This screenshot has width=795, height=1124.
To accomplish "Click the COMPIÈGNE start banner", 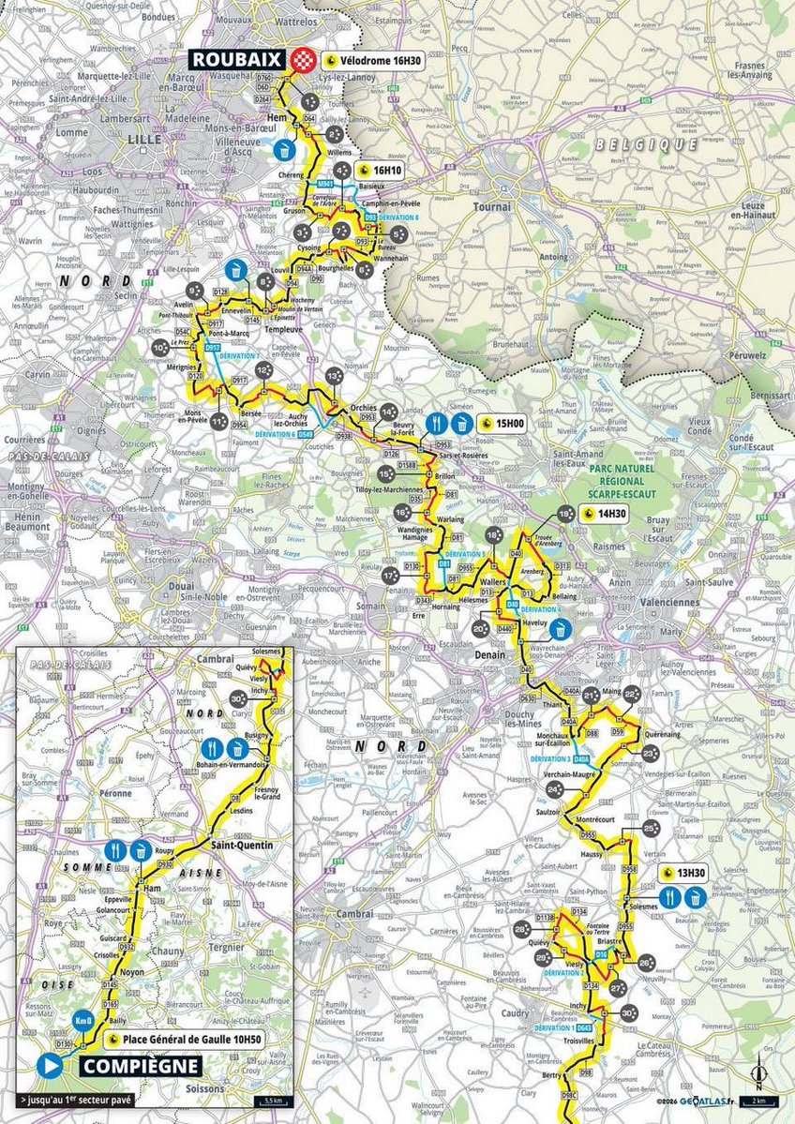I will click(x=139, y=1066).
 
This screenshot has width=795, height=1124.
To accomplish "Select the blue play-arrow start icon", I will click(x=51, y=1066).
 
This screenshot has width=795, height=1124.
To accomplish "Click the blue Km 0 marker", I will click(x=82, y=1019).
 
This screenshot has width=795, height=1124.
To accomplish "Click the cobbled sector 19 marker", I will click(x=564, y=514).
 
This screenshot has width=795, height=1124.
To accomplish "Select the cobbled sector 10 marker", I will click(x=160, y=346).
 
